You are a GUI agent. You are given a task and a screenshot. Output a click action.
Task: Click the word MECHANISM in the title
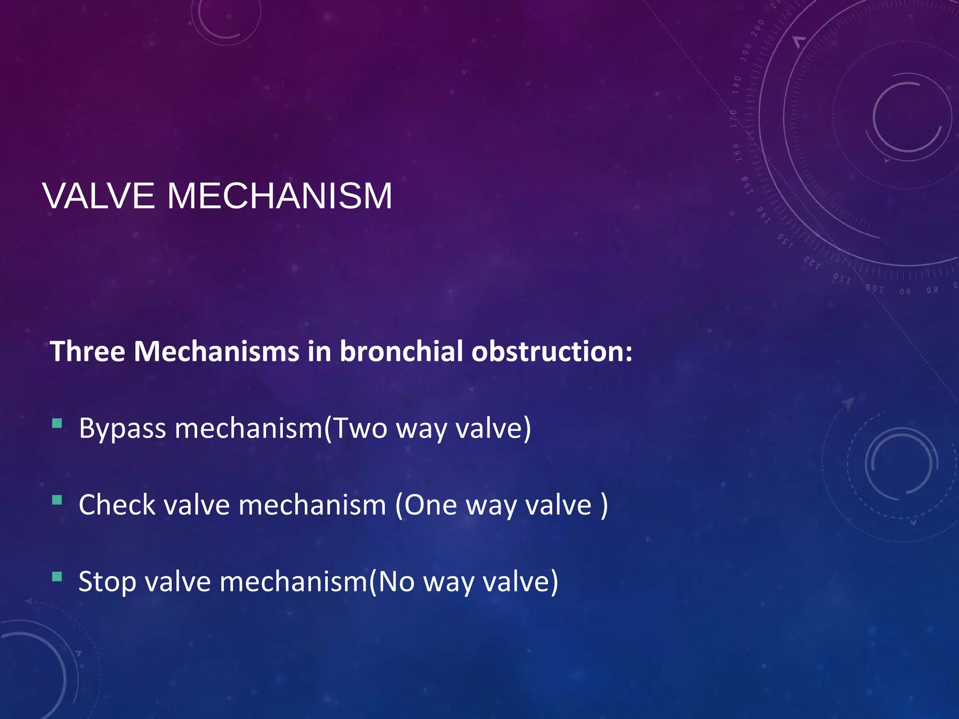point(280,196)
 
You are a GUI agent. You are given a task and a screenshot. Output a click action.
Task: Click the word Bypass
point(122,429)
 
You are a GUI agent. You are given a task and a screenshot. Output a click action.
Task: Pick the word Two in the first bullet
point(360,428)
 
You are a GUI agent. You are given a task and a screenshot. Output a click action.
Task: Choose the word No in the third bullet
point(396,582)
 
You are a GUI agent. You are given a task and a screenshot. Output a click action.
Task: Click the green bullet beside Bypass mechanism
point(57,424)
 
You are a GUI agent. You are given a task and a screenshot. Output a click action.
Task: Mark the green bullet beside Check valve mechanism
point(57,500)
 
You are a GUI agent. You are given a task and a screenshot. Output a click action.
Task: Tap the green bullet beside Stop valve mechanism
point(57,577)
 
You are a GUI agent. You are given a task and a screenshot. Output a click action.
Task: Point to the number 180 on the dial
point(737,84)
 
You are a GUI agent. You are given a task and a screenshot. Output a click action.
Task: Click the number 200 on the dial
point(758,29)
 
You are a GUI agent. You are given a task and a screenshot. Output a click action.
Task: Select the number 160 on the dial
point(737,152)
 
